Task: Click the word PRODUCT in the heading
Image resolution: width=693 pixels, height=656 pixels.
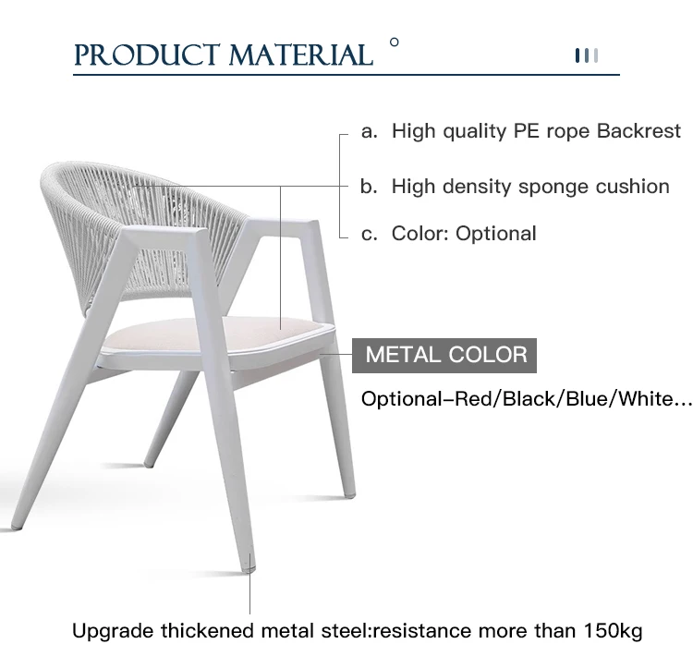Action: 147,55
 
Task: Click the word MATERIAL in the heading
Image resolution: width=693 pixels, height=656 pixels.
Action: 301,55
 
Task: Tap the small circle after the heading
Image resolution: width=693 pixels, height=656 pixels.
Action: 395,43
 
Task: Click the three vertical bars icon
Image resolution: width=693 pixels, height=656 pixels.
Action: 587,55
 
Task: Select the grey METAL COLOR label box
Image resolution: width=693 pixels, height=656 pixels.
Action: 444,356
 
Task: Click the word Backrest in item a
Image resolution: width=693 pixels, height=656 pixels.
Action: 638,131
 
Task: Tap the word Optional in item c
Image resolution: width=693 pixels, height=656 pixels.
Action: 496,234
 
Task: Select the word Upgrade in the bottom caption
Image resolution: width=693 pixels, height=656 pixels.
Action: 113,632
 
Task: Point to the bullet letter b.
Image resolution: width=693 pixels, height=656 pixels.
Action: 369,187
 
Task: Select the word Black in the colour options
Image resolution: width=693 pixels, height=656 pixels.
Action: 527,399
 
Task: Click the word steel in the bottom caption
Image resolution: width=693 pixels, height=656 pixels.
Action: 346,631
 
